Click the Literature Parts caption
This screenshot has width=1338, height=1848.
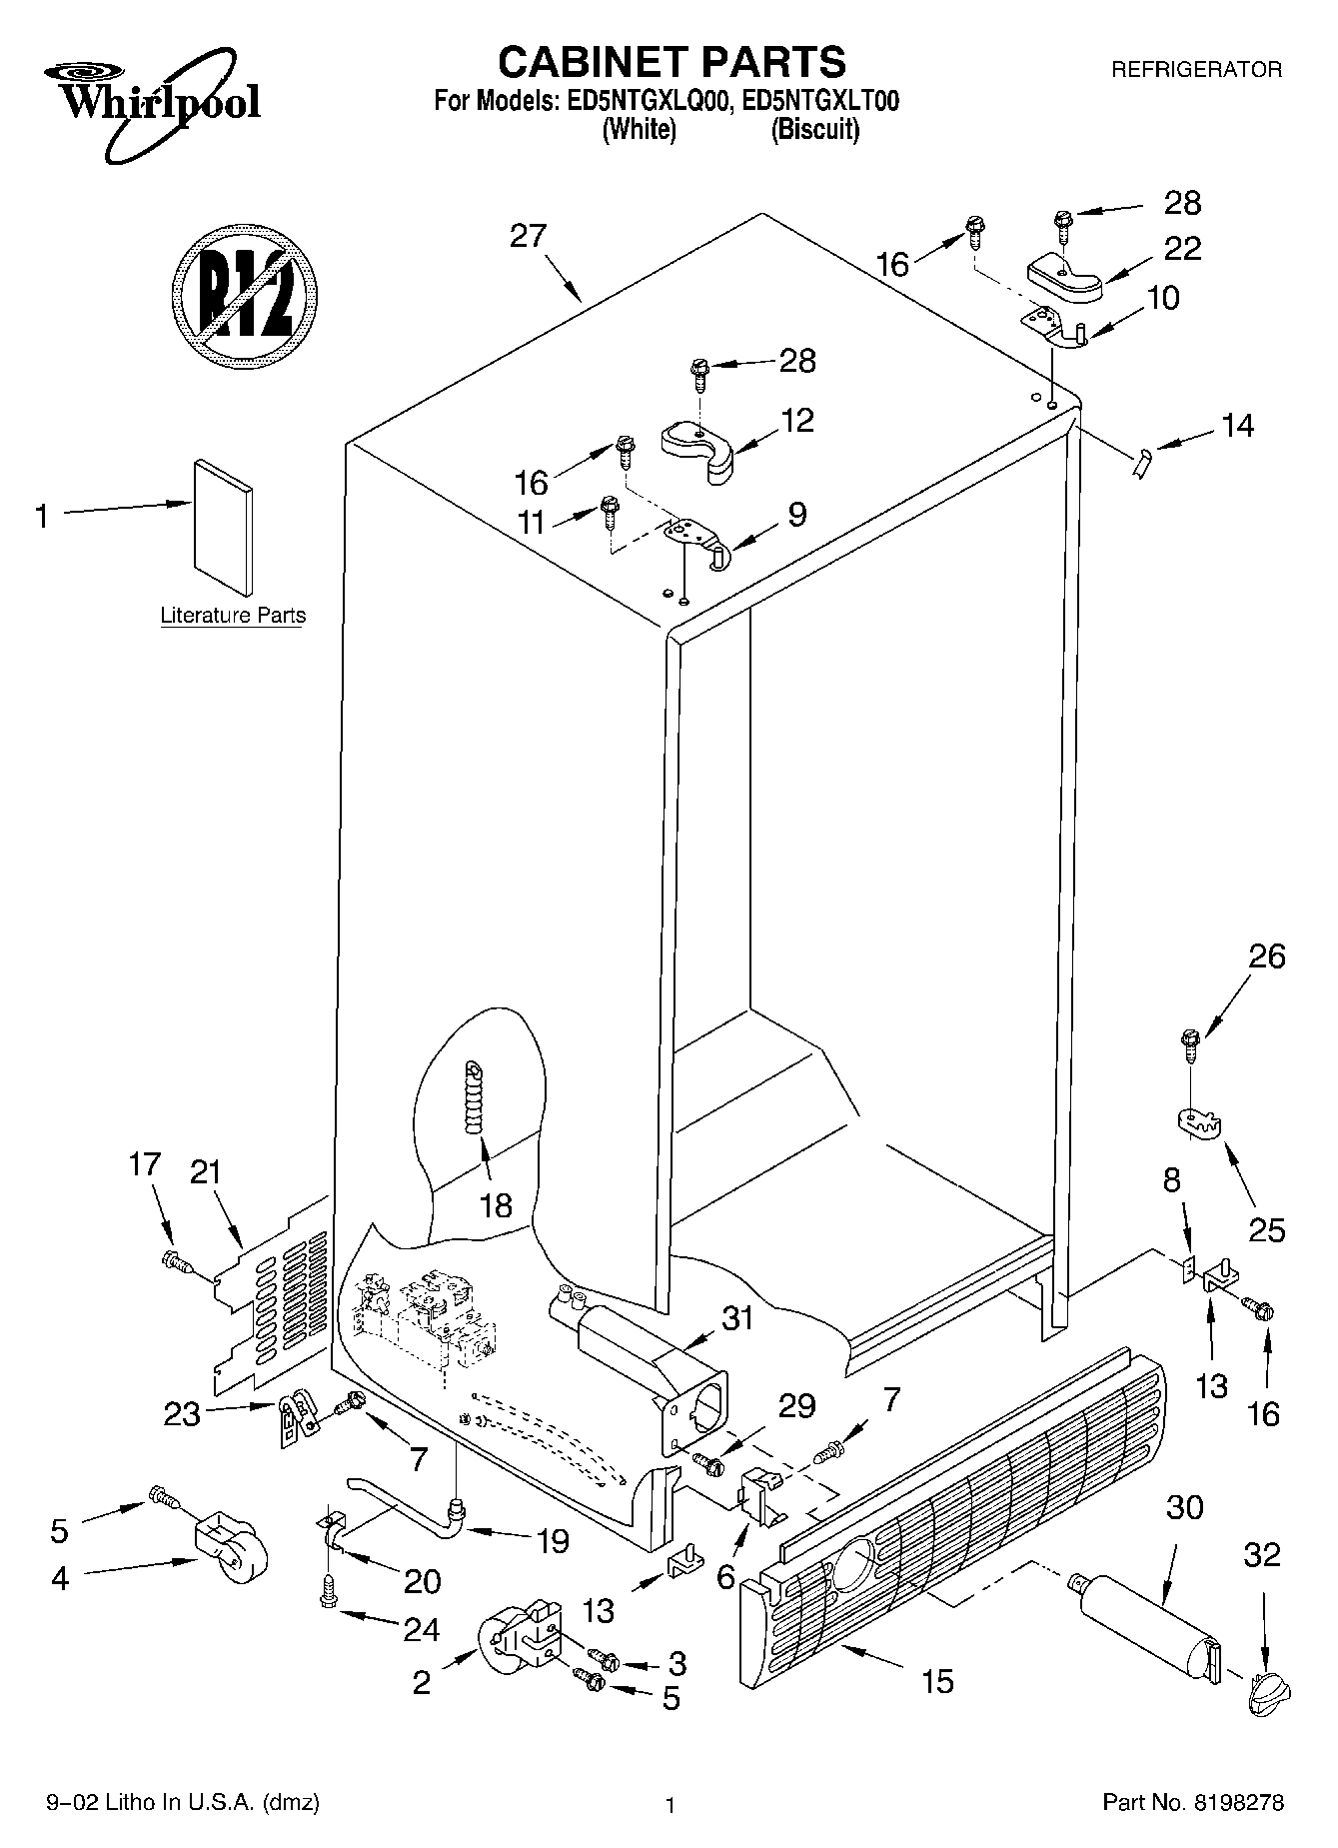(x=233, y=616)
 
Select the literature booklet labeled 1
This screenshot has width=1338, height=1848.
(x=223, y=527)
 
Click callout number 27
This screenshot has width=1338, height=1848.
(x=528, y=236)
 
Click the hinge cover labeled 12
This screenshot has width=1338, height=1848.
(x=698, y=445)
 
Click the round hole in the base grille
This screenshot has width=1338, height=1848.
(x=850, y=1558)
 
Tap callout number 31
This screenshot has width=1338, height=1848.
(x=737, y=1319)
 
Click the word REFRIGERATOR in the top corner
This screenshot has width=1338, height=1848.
(x=1196, y=70)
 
